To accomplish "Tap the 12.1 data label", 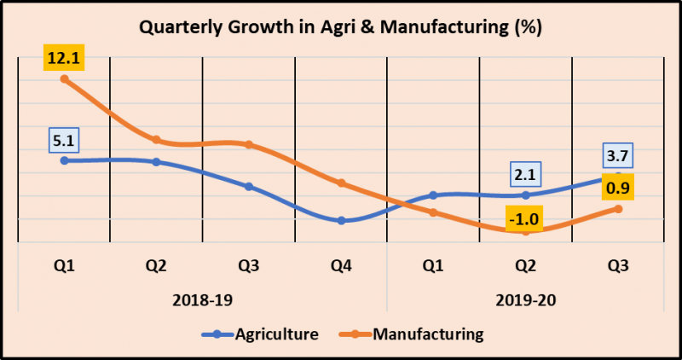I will click(x=64, y=60).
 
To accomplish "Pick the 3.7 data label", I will click(x=618, y=156).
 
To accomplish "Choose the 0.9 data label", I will click(x=618, y=188).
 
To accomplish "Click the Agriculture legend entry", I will click(x=260, y=334).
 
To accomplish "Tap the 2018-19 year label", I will click(x=202, y=300).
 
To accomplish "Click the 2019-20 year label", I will click(x=526, y=300).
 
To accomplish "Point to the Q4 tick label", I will click(x=341, y=266).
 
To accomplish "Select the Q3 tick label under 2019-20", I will click(x=618, y=266).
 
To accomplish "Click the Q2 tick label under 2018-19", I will click(x=156, y=266).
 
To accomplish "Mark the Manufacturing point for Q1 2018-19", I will click(x=64, y=79).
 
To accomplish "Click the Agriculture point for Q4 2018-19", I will click(x=341, y=220).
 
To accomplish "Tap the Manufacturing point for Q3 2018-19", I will click(x=249, y=144).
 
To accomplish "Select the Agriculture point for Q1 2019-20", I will click(x=433, y=195).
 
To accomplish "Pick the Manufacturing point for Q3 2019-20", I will click(x=618, y=208).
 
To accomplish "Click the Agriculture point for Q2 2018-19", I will click(x=156, y=161).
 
